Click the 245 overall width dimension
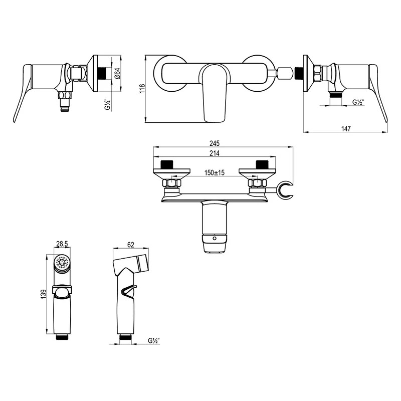pos(215,143)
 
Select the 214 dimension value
pos(215,153)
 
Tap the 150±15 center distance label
pos(215,172)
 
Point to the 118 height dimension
pos(142,89)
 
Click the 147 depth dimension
pos(346,128)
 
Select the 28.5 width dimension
pos(62,244)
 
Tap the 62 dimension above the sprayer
pos(130,245)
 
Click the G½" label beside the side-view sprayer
pos(154,341)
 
